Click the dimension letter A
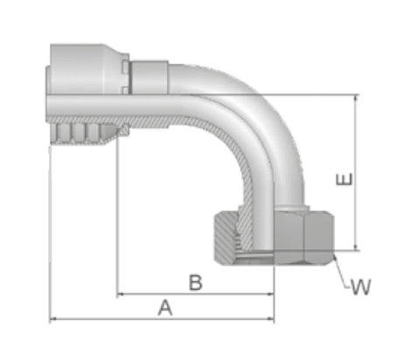[165, 308]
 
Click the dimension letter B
[196, 282]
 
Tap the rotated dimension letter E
[345, 179]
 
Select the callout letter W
[360, 287]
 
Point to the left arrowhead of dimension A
[52, 319]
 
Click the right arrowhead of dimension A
[270, 319]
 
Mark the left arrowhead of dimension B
[120, 294]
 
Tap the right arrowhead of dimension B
[270, 294]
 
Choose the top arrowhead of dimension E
[355, 98]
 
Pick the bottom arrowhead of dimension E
[355, 246]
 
